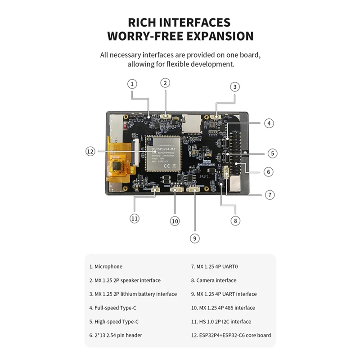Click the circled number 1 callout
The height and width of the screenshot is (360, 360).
[x=132, y=84]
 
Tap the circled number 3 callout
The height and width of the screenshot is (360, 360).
[x=235, y=87]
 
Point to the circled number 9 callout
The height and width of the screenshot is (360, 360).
[x=194, y=238]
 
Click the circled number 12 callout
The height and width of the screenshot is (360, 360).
[x=90, y=152]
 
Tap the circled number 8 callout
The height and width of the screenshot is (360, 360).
[x=235, y=220]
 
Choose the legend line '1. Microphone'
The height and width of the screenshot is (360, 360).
[x=106, y=266]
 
